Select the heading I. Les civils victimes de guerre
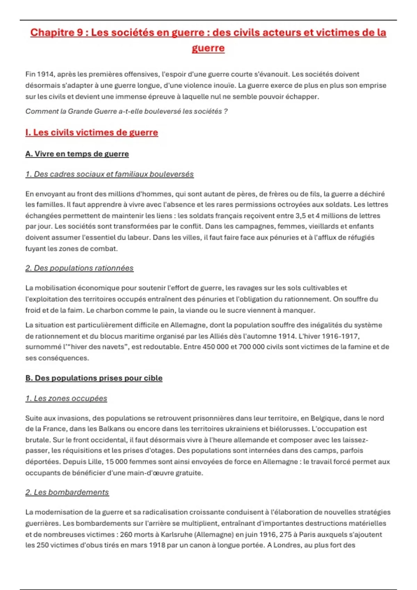point(91,132)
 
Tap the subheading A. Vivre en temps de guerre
point(77,154)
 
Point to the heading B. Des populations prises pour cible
point(93,378)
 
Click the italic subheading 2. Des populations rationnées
point(79,268)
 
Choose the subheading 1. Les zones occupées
point(66,398)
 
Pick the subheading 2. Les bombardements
point(67,492)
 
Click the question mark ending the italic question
point(226,111)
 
